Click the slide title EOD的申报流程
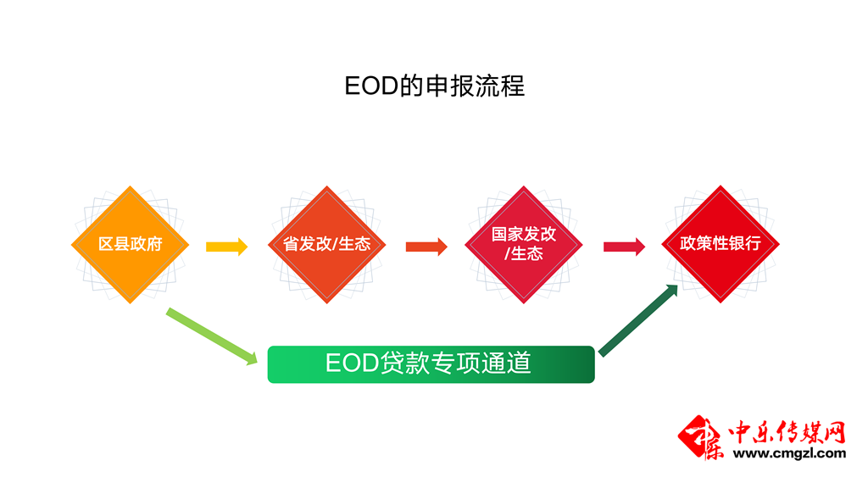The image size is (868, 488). click(434, 86)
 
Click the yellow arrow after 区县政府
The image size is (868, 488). click(226, 247)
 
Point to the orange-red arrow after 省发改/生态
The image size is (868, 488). click(426, 247)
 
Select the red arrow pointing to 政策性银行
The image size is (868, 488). click(624, 247)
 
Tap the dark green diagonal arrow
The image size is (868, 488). click(638, 320)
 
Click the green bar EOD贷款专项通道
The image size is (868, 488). click(431, 364)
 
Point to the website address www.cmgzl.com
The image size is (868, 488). click(789, 453)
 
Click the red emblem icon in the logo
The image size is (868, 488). click(702, 437)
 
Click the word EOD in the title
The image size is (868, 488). click(370, 86)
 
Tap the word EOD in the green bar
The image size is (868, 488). click(350, 363)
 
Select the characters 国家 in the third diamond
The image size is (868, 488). click(507, 235)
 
